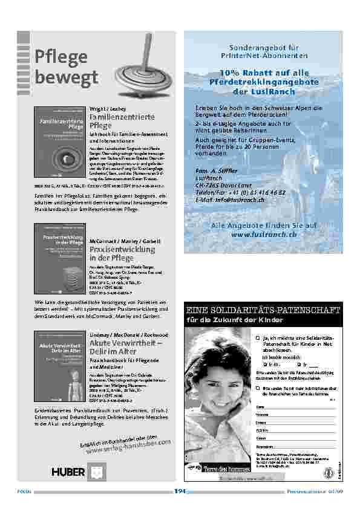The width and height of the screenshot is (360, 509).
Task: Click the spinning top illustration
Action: click(x=140, y=66)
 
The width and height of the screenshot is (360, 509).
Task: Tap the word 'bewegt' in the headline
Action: click(x=67, y=78)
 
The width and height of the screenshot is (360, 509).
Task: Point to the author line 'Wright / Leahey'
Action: click(x=105, y=108)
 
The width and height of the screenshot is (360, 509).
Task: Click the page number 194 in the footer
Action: click(x=180, y=491)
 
